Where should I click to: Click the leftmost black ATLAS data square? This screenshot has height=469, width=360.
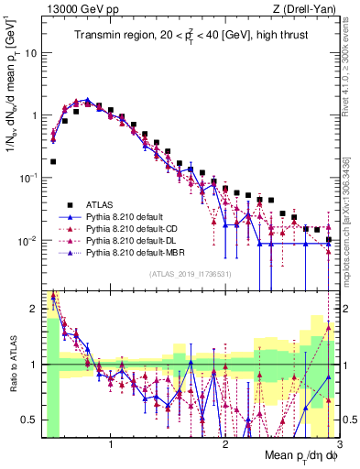[53, 161]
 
